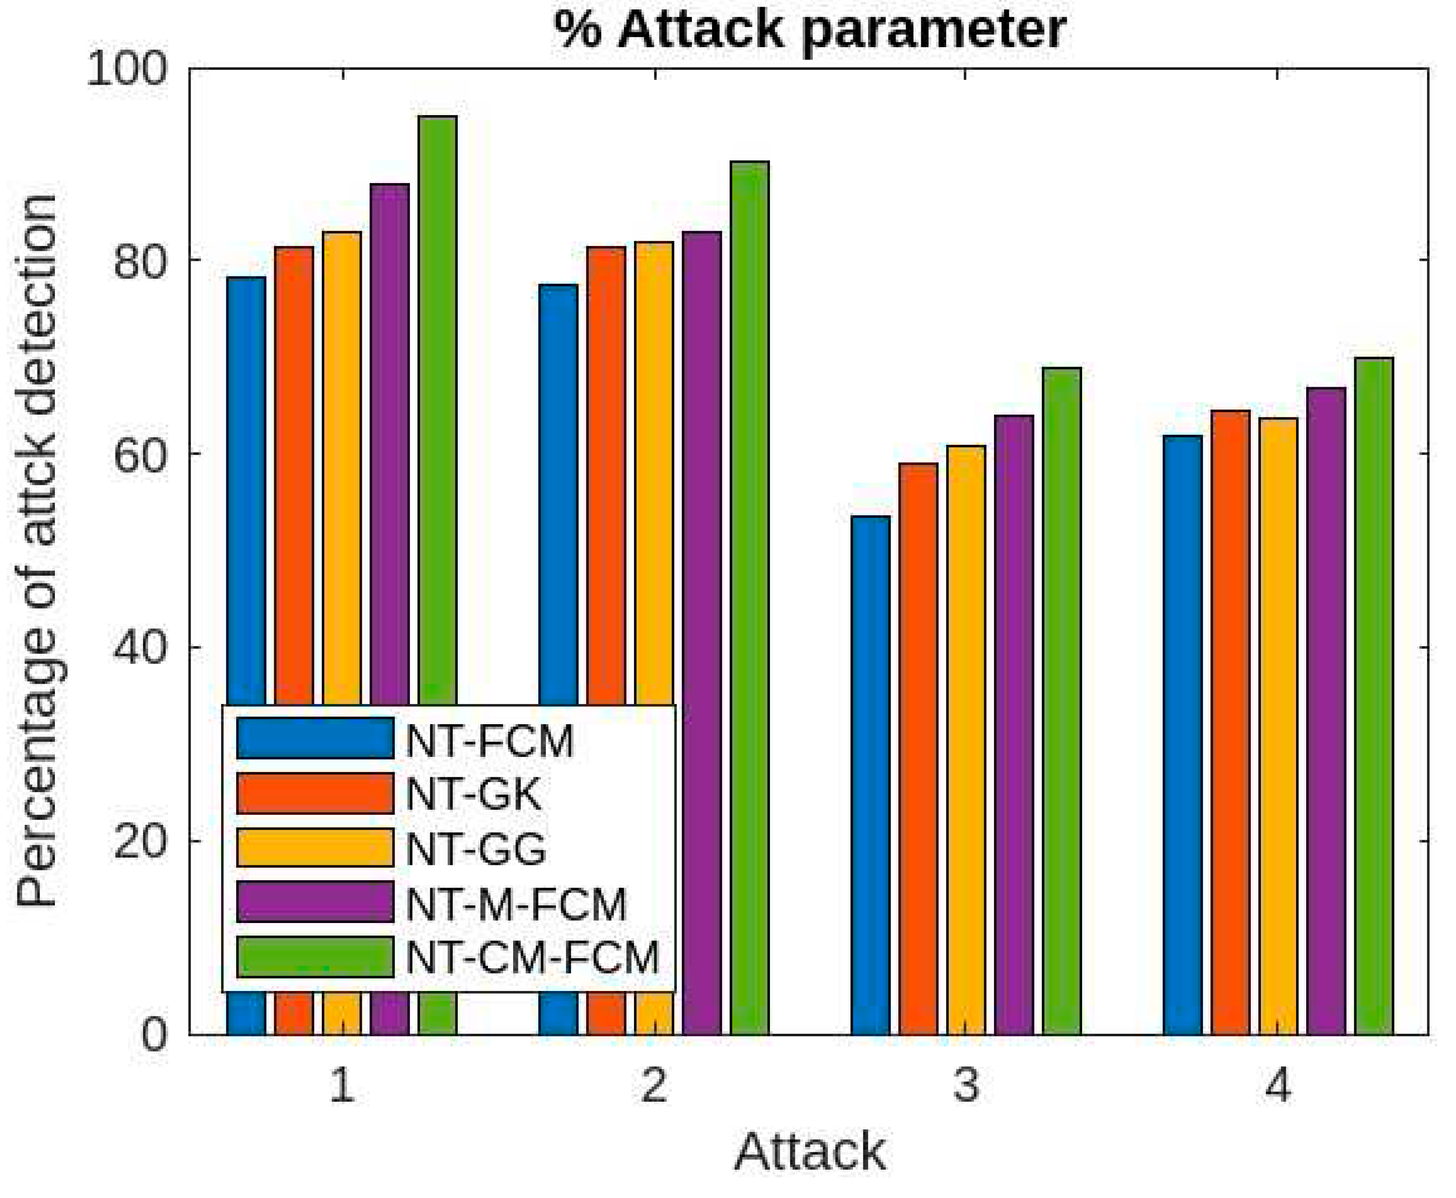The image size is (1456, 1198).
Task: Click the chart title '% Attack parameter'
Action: tap(809, 30)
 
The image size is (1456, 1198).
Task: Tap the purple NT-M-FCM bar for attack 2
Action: tap(702, 469)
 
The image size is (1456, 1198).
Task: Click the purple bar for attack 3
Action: tap(1014, 725)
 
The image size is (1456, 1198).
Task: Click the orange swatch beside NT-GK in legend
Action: tap(315, 794)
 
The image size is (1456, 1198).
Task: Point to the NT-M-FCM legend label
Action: tap(516, 904)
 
